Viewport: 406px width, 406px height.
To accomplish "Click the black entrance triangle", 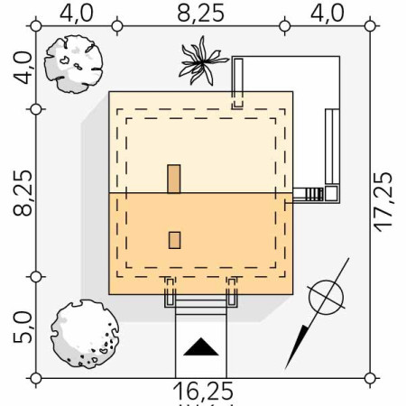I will point(199,347).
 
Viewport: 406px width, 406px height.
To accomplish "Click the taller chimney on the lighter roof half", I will point(174,179).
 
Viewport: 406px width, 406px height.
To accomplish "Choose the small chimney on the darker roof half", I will point(174,239).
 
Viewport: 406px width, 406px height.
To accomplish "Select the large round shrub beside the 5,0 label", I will point(84,333).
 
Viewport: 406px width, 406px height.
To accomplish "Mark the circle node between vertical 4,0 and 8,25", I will point(36,109).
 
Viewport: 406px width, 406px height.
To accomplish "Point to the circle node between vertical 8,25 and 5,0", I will point(36,276).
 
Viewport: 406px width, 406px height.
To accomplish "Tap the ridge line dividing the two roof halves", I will point(200,193).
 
